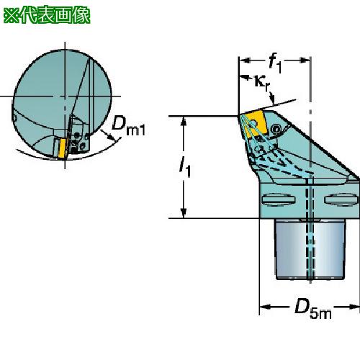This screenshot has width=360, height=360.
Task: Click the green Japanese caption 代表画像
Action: pyautogui.click(x=55, y=16)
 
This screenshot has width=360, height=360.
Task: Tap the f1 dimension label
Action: pyautogui.click(x=275, y=63)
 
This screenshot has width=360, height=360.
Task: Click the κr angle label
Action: pyautogui.click(x=261, y=83)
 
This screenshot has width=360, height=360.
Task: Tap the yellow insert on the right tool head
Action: pyautogui.click(x=255, y=124)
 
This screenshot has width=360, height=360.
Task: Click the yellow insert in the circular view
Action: pyautogui.click(x=63, y=148)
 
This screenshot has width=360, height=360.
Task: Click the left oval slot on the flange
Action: pyautogui.click(x=279, y=199)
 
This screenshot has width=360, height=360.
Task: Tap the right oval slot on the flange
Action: pyautogui.click(x=341, y=199)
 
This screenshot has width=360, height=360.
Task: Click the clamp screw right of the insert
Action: pyautogui.click(x=276, y=130)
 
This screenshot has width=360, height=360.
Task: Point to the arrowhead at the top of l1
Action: pyautogui.click(x=184, y=122)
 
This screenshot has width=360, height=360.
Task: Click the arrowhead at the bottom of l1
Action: pyautogui.click(x=184, y=213)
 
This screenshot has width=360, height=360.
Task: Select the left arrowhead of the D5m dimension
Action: pyautogui.click(x=265, y=307)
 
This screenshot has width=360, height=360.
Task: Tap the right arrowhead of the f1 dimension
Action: pyautogui.click(x=305, y=60)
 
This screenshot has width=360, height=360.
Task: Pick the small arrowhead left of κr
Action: pyautogui.click(x=244, y=78)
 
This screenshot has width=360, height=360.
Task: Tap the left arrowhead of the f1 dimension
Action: pyautogui.click(x=245, y=60)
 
